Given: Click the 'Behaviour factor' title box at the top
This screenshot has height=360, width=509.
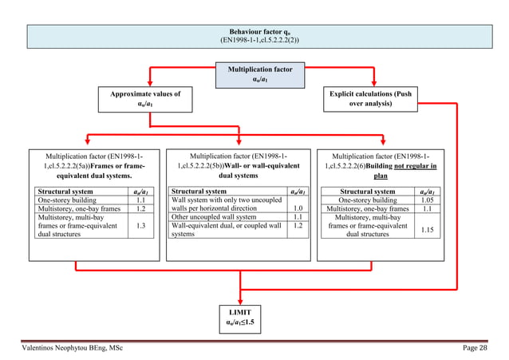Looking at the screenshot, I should click(254, 35).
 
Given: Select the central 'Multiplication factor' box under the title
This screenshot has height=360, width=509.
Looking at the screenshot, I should click(254, 75).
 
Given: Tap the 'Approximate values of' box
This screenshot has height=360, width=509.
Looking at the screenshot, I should click(146, 100).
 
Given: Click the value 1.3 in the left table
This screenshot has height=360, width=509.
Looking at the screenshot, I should click(140, 227).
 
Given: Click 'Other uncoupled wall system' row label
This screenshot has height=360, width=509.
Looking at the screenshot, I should click(214, 216).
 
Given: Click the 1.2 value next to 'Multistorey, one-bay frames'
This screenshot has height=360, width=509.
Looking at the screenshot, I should click(140, 208).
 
